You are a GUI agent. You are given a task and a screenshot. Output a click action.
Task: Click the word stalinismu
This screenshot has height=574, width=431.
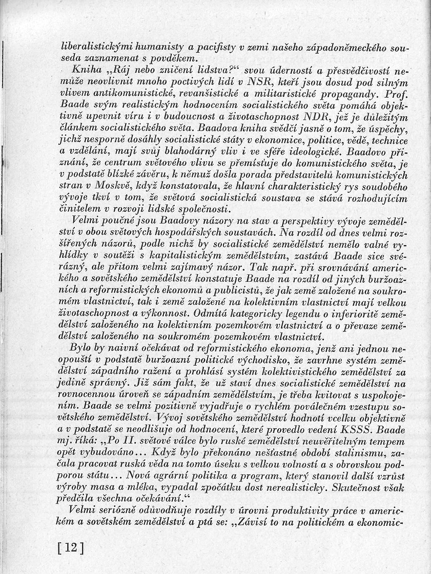tap(350, 451)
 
